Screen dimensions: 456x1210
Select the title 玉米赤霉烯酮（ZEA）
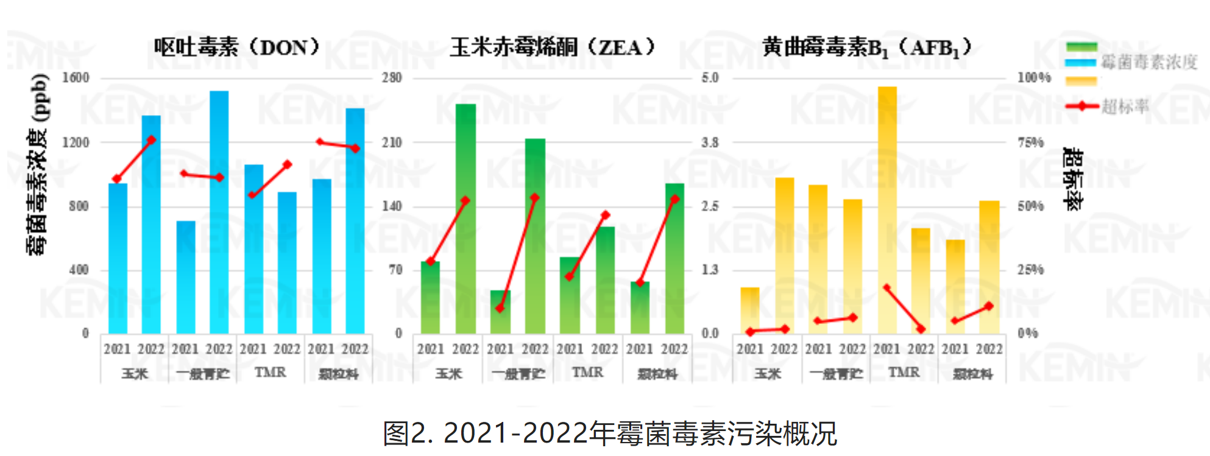[552, 47]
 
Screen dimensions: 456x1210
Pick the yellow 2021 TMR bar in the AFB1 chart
[887, 210]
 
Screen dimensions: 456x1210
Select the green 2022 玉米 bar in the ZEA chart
[465, 219]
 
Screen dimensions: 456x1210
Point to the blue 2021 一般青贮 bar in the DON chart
[186, 277]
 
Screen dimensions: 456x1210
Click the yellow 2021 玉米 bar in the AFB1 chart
[750, 310]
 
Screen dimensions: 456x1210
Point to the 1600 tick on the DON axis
[76, 78]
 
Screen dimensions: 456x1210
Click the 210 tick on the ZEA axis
[392, 142]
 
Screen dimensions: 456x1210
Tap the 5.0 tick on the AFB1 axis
[710, 78]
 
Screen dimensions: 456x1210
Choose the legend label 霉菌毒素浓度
[1149, 61]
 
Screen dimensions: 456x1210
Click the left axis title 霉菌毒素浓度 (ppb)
[38, 164]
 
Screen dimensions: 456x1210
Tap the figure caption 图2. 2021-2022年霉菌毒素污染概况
[610, 433]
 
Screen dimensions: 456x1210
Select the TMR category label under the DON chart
[270, 372]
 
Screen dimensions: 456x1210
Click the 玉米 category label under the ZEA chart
[448, 373]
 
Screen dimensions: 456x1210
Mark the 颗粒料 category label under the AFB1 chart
[972, 373]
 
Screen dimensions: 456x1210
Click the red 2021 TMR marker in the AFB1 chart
[886, 287]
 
